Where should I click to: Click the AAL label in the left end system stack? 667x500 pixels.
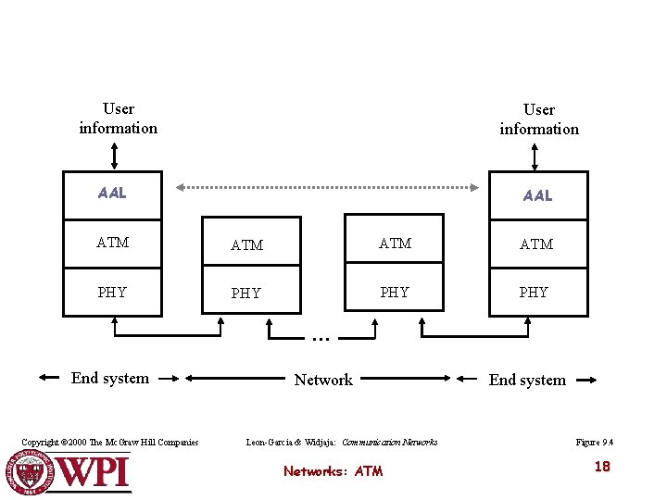tap(112, 194)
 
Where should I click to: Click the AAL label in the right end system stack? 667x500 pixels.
tap(537, 195)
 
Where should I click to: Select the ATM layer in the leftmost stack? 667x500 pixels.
tap(112, 243)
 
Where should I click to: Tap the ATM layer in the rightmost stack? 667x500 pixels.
tap(536, 244)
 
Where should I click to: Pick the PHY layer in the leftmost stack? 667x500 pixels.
tap(112, 293)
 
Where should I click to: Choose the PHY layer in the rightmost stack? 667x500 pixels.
tap(534, 293)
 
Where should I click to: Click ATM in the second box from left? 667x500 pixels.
tap(246, 245)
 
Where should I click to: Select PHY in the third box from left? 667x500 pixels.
tap(395, 293)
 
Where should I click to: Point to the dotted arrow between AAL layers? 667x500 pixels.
tap(324, 187)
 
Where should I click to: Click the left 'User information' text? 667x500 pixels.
tap(119, 119)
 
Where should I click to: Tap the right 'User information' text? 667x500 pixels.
tap(539, 119)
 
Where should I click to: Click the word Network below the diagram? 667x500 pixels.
tap(323, 380)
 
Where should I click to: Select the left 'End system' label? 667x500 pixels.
tap(110, 378)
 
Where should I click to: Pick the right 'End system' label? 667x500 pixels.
tap(527, 380)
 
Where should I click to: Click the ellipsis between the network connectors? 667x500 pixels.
tap(321, 339)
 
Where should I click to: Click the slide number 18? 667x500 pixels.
tap(602, 467)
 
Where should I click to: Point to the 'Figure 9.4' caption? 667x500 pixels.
tap(594, 443)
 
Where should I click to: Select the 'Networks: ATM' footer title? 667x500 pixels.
tap(333, 471)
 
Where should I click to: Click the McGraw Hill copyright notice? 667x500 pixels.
tap(110, 443)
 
